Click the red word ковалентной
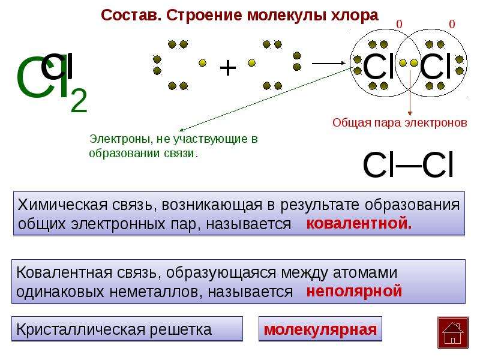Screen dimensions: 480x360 pyautogui.click(x=359, y=223)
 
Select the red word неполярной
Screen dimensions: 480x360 pyautogui.click(x=354, y=291)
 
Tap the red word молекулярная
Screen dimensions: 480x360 pyautogui.click(x=320, y=329)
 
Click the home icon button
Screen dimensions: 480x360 pyautogui.click(x=453, y=332)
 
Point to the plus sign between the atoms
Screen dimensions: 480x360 pyautogui.click(x=228, y=68)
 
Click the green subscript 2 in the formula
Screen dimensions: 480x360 pyautogui.click(x=79, y=100)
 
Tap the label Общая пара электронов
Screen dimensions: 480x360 pyautogui.click(x=400, y=123)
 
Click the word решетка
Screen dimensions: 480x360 pyautogui.click(x=181, y=330)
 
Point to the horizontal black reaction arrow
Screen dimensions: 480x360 pyautogui.click(x=328, y=64)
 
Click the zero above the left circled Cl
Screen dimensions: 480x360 pyautogui.click(x=399, y=24)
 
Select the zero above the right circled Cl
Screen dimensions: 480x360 pyautogui.click(x=452, y=24)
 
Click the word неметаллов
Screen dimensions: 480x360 pyautogui.click(x=155, y=292)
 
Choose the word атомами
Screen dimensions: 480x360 pyautogui.click(x=365, y=273)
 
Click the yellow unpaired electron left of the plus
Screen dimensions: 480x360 pyautogui.click(x=202, y=64)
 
